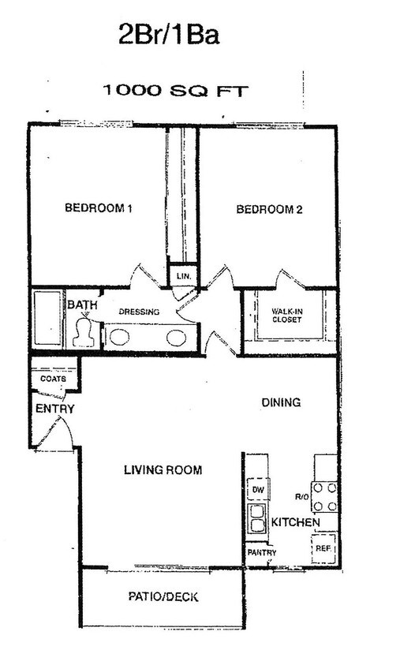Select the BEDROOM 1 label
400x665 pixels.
click(x=98, y=209)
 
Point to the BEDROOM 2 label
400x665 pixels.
click(x=270, y=210)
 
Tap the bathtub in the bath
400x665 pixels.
click(x=47, y=319)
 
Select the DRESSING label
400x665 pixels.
click(x=139, y=312)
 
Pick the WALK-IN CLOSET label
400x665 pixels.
click(x=287, y=316)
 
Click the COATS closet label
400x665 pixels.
click(x=54, y=379)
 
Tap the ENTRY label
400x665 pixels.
click(x=54, y=409)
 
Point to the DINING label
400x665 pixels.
click(x=281, y=402)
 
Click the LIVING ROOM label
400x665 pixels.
click(x=163, y=470)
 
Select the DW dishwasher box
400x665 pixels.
click(x=257, y=490)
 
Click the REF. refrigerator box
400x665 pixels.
click(x=323, y=547)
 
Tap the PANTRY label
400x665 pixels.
click(x=261, y=552)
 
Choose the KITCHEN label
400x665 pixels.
click(x=295, y=523)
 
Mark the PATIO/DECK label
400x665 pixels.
click(x=163, y=597)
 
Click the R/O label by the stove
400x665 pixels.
click(x=300, y=497)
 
